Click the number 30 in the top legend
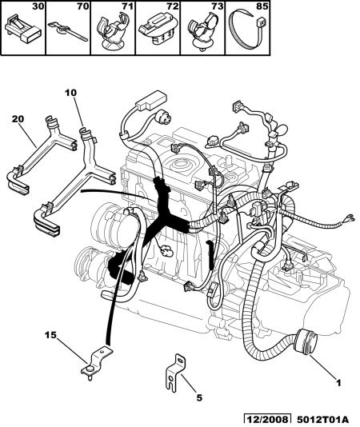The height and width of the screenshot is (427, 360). click(x=38, y=6)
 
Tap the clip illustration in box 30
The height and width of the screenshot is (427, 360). click(x=23, y=29)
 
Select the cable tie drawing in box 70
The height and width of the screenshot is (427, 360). click(x=68, y=31)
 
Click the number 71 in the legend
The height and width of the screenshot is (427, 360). click(x=127, y=6)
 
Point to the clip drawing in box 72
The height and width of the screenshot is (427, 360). click(x=158, y=29)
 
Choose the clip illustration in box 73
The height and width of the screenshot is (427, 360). click(x=202, y=32)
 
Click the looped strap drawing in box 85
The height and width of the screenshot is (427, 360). click(x=248, y=30)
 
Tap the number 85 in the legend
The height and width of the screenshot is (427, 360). click(x=262, y=6)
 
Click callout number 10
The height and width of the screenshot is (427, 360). click(x=70, y=93)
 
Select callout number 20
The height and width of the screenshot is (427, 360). click(x=18, y=119)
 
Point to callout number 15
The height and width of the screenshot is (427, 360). click(x=50, y=335)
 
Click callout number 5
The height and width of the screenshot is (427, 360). click(x=199, y=398)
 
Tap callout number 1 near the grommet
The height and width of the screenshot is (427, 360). click(x=338, y=383)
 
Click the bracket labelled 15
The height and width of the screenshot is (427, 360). click(x=97, y=360)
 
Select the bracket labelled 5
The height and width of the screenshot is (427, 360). click(x=175, y=373)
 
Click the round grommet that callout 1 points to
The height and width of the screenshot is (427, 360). click(x=306, y=342)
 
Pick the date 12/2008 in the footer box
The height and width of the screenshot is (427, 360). click(x=267, y=420)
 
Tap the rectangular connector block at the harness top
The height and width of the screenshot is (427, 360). click(x=151, y=100)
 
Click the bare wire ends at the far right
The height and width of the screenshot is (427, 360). click(x=350, y=218)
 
